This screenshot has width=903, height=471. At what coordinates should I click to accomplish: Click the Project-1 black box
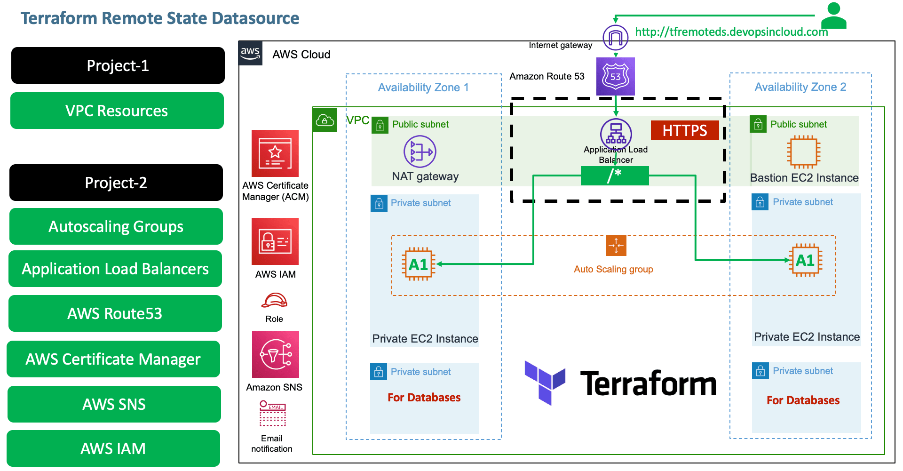click(118, 65)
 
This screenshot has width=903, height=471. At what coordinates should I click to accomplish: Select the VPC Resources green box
click(117, 111)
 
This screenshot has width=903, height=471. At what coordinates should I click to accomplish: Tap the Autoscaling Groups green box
click(116, 226)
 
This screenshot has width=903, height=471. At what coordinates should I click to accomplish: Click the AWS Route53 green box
click(115, 313)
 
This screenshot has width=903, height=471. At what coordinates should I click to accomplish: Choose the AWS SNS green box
click(114, 404)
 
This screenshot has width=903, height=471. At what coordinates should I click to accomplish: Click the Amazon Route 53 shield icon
click(615, 77)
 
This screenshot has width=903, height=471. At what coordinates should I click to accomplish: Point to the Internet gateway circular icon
click(615, 38)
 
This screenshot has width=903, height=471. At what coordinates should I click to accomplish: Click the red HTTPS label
click(685, 130)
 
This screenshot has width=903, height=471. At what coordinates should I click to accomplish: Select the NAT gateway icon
click(420, 152)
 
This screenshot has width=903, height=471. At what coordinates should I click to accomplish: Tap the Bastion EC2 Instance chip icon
click(803, 152)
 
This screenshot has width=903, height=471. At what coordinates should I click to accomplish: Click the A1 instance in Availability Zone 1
click(418, 264)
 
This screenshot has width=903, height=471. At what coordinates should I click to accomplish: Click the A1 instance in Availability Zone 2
click(805, 260)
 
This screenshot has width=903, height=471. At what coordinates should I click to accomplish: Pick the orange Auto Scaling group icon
click(616, 245)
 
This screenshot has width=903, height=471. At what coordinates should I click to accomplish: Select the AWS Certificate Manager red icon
click(275, 153)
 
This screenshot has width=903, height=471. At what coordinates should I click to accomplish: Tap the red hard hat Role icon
click(274, 300)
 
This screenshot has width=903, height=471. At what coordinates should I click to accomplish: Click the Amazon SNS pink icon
click(275, 354)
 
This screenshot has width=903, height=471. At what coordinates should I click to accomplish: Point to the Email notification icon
click(272, 413)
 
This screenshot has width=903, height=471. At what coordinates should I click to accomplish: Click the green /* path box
click(614, 176)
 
